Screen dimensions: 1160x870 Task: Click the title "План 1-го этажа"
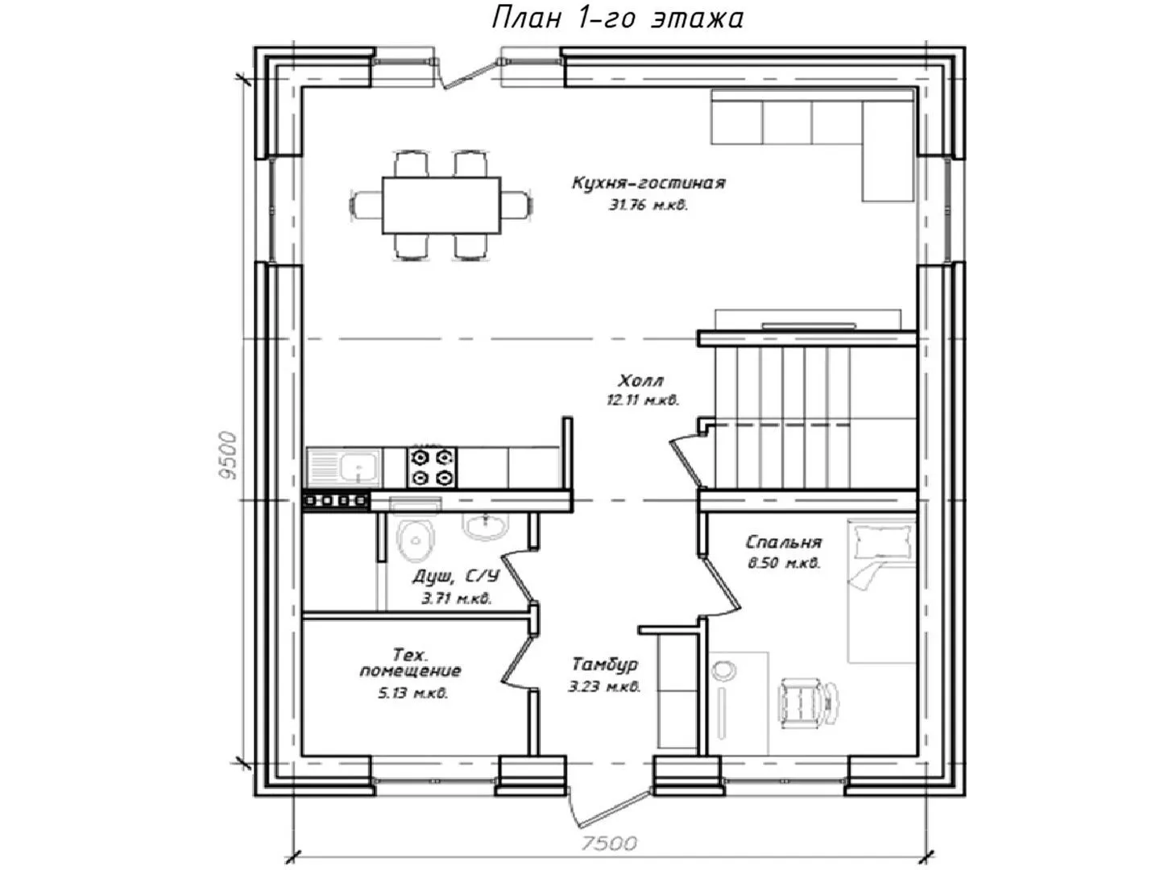617,18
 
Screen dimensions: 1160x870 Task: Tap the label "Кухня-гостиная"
648,184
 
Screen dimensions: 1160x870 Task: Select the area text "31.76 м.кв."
648,205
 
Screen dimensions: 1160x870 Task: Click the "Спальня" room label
784,542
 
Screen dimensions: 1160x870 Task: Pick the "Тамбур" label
605,664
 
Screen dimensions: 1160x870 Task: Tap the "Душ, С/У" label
456,576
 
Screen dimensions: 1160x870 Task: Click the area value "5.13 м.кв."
412,693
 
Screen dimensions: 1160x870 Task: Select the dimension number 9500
228,455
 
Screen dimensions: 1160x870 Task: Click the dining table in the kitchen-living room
441,205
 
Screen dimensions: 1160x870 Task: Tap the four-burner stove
432,467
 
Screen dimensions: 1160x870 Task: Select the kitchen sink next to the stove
343,467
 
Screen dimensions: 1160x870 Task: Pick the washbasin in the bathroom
485,526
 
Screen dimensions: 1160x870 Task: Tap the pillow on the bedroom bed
882,542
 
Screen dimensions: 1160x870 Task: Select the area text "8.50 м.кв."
784,564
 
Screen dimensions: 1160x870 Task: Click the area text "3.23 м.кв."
605,687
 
